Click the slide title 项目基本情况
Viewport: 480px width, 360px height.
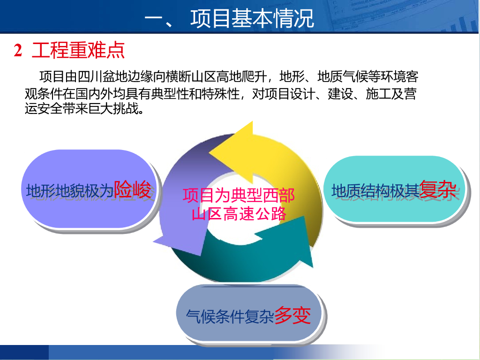tap(252, 18)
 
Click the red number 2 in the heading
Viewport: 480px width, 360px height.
tap(18, 50)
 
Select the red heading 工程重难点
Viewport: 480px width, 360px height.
tap(78, 50)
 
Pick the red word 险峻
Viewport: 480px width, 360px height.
tap(132, 189)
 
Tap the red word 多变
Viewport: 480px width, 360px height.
tap(292, 315)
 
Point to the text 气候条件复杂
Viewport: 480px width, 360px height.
tap(230, 316)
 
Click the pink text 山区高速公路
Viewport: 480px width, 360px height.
tap(239, 214)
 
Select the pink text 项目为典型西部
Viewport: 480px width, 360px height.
tap(239, 195)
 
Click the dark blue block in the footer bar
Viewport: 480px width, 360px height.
tap(24, 352)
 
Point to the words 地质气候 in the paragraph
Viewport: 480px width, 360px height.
tap(342, 76)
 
